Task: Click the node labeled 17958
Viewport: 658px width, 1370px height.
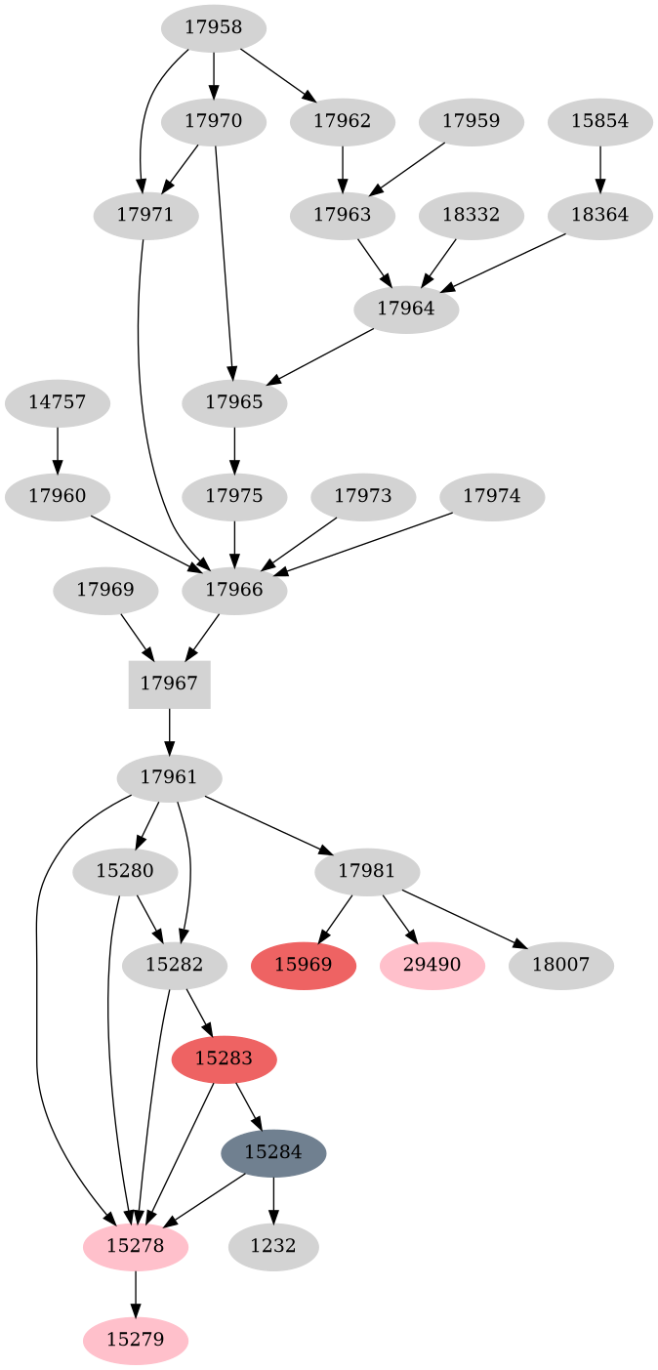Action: tap(213, 27)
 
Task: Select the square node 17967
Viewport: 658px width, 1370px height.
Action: tap(169, 684)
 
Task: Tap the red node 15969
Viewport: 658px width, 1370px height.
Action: tap(304, 966)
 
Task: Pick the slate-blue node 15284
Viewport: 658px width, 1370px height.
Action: tap(273, 1152)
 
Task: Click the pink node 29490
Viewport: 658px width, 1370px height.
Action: tap(432, 966)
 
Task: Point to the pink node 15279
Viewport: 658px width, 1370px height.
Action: tap(136, 1340)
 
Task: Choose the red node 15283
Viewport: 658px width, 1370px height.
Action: tap(224, 1059)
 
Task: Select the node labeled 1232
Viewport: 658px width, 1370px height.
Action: tap(273, 1247)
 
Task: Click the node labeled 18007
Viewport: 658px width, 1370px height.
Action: tap(560, 966)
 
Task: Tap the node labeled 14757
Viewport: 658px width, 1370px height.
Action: tap(57, 402)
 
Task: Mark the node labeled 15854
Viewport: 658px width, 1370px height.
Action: tap(599, 122)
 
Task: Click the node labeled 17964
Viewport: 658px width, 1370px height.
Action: tap(406, 310)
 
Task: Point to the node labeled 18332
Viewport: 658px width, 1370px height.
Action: tap(471, 216)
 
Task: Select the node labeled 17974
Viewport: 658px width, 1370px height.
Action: tap(492, 496)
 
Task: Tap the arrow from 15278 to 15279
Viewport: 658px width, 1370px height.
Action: tap(136, 1293)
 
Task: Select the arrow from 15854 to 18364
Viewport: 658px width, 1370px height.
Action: tap(599, 169)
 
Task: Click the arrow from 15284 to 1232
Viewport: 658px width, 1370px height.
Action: tap(273, 1199)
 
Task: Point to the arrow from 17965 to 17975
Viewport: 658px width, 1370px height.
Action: tap(234, 449)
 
